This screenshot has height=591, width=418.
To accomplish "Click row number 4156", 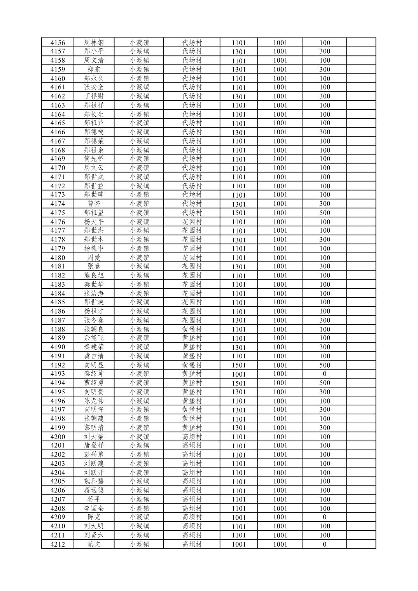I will pyautogui.click(x=58, y=43).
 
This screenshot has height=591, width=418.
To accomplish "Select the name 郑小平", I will pyautogui.click(x=94, y=51).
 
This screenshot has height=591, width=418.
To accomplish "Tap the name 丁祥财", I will pyautogui.click(x=94, y=96).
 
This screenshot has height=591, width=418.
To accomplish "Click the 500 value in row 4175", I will pyautogui.click(x=324, y=213).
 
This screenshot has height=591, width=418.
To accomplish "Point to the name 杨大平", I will pyautogui.click(x=94, y=222).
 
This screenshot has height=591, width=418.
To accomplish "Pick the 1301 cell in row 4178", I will pyautogui.click(x=239, y=240).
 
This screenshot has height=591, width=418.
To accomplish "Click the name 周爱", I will pyautogui.click(x=94, y=258).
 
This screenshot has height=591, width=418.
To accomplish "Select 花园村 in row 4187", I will pyautogui.click(x=192, y=320).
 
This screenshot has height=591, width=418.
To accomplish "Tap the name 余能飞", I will pyautogui.click(x=94, y=338).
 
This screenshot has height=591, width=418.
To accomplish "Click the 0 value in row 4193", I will pyautogui.click(x=324, y=374).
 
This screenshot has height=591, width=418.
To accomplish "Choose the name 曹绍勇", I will pyautogui.click(x=94, y=383).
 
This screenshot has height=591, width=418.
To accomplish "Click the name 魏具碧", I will pyautogui.click(x=94, y=481).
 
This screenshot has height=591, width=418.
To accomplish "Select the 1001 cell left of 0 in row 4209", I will pyautogui.click(x=280, y=517).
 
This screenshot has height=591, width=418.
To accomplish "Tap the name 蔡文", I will pyautogui.click(x=94, y=544).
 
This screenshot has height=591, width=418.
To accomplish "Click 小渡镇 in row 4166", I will pyautogui.click(x=139, y=132).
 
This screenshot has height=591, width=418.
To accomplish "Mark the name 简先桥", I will pyautogui.click(x=94, y=159).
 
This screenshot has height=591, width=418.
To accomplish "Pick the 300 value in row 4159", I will pyautogui.click(x=324, y=70).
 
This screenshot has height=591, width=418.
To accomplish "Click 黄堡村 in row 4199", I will pyautogui.click(x=192, y=428).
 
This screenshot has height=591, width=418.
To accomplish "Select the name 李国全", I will pyautogui.click(x=94, y=508).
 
